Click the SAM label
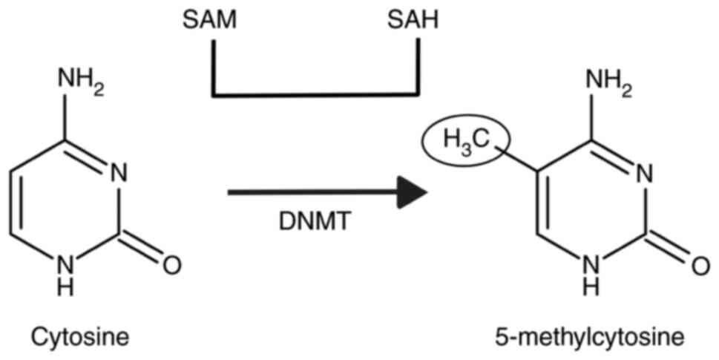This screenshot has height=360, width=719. (210, 20)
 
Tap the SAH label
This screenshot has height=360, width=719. (413, 20)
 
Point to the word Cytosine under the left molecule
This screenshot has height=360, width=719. (79, 338)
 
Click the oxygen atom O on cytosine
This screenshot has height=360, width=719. (171, 264)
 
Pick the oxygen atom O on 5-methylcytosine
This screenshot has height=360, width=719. (700, 264)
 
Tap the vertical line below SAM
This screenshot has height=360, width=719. (214, 67)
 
